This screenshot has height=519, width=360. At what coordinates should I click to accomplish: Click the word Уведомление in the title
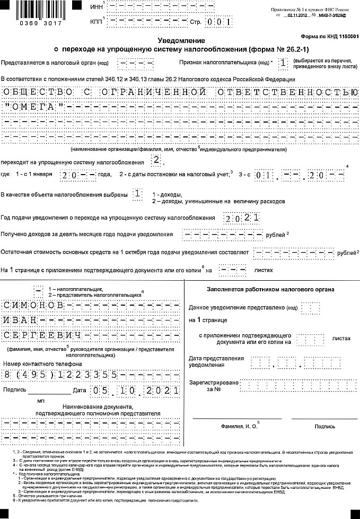(181, 41)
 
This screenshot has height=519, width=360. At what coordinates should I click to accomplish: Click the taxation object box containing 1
(138, 194)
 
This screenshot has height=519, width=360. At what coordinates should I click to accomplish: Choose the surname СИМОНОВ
(33, 306)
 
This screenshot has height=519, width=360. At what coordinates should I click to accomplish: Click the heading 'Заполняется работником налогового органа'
(270, 289)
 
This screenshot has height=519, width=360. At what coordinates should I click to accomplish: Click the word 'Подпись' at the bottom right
(324, 426)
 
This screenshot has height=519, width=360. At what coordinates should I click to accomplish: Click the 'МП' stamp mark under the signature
(41, 401)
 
